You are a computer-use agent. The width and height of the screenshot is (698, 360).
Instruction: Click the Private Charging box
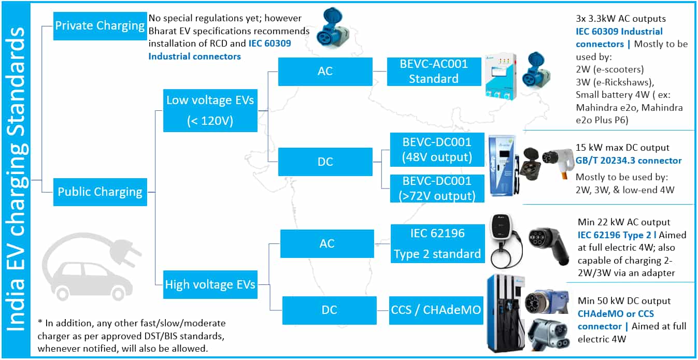100,26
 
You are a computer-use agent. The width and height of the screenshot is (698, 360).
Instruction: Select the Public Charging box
100,192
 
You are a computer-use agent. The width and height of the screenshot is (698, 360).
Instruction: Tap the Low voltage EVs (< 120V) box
210,110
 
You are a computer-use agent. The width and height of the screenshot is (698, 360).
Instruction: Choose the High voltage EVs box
210,284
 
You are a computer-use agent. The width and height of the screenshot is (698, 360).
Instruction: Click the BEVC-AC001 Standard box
434,71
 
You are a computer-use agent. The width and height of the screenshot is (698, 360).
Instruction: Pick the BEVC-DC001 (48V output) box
437,150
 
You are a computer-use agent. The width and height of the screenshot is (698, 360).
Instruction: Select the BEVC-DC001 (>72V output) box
437,189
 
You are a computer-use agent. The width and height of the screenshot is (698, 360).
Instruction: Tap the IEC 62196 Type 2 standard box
438,243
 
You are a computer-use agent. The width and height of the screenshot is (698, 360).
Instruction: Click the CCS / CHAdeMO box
436,310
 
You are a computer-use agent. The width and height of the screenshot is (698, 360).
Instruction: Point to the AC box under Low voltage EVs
325,71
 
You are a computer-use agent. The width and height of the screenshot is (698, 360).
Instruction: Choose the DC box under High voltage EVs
330,310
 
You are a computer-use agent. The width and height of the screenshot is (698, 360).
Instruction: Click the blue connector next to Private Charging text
332,28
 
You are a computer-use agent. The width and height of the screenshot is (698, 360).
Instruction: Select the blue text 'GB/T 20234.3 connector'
628,161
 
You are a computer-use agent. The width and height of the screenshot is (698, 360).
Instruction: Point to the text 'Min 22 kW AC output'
624,222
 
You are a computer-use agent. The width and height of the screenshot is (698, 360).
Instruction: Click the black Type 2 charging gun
549,246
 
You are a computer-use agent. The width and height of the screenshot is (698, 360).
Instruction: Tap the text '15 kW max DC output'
622,148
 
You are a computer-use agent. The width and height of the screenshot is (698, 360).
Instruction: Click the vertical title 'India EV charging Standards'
16,179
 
